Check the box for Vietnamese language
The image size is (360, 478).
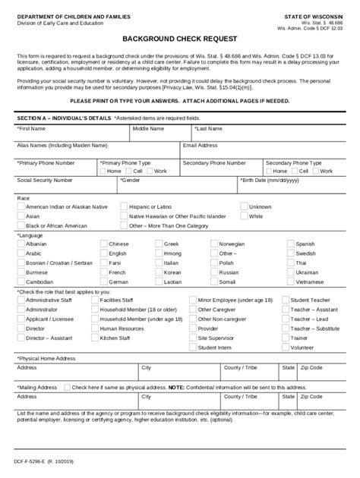291,281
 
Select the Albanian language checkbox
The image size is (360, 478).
20,244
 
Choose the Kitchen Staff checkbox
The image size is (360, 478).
93,338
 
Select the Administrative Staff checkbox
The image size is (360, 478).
20,300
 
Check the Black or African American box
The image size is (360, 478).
20,225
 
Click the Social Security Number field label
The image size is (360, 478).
45,181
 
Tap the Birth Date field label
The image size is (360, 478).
270,181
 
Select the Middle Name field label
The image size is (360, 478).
148,129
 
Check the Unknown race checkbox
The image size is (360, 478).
243,206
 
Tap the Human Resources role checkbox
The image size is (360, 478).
93,329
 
